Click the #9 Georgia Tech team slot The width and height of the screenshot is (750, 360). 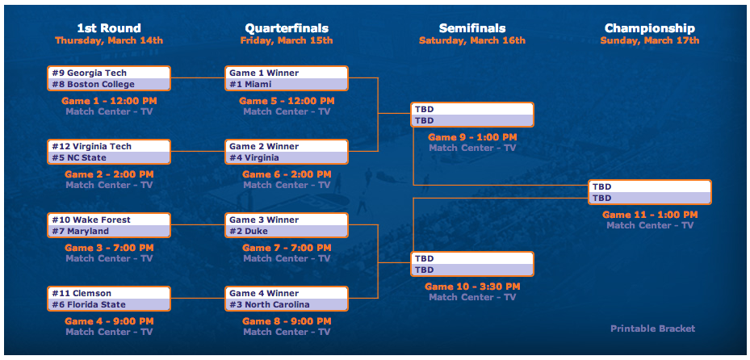[x=108, y=73]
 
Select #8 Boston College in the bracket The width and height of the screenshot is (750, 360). [x=108, y=84]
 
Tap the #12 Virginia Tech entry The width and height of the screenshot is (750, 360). [x=108, y=146]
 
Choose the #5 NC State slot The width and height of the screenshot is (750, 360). [x=108, y=157]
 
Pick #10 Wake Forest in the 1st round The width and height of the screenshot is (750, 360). [x=108, y=220]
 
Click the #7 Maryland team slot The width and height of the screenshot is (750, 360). [x=108, y=231]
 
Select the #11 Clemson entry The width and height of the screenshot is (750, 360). [x=108, y=293]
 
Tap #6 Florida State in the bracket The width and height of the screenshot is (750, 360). [x=108, y=304]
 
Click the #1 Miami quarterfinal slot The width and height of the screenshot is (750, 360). [x=287, y=84]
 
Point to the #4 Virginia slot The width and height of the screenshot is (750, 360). [x=287, y=157]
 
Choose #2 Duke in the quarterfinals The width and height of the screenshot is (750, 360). [x=287, y=231]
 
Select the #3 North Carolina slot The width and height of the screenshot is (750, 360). [x=287, y=304]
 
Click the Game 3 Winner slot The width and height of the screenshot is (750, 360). [x=287, y=220]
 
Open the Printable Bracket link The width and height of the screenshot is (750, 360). [x=652, y=329]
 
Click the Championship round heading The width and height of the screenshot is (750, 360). [x=650, y=28]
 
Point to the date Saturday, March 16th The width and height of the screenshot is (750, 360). [x=472, y=40]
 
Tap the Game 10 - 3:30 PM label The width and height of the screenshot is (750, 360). [x=472, y=287]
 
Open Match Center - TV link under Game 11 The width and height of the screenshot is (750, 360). [x=650, y=225]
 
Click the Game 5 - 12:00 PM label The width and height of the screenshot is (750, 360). [x=287, y=101]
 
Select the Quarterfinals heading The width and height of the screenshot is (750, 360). [x=287, y=28]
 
